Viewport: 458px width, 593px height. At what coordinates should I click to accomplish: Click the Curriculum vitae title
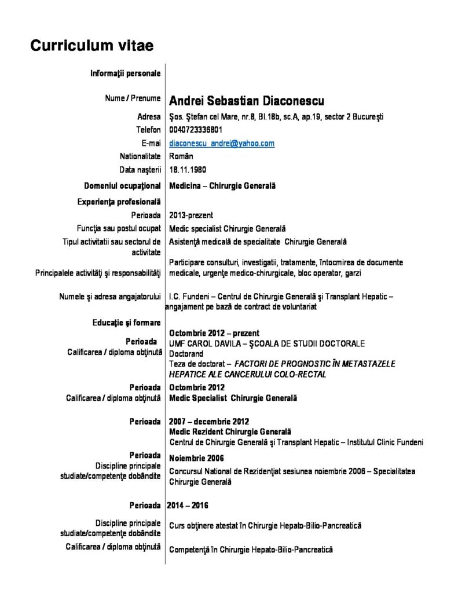tap(92, 45)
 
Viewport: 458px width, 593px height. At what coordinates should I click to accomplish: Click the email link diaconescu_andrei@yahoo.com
tap(222, 143)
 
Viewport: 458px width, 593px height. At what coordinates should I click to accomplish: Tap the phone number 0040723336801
tap(196, 130)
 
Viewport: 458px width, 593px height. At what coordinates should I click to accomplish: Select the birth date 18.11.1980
tap(188, 170)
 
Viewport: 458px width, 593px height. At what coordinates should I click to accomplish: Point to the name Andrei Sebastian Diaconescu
tap(247, 101)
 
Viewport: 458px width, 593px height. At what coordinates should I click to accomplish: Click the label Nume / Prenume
tap(133, 98)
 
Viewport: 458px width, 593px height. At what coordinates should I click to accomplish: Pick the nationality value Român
tap(181, 156)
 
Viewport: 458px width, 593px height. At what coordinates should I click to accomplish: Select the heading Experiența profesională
tap(119, 202)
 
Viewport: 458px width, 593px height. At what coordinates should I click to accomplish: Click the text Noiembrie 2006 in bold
tap(196, 459)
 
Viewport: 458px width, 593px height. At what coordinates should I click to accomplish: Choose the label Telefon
tap(148, 130)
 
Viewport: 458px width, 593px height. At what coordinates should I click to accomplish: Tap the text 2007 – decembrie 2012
tap(209, 421)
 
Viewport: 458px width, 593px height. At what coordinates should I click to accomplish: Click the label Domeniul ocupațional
tap(122, 186)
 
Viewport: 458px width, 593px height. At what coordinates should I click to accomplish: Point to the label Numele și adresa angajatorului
tap(110, 296)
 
